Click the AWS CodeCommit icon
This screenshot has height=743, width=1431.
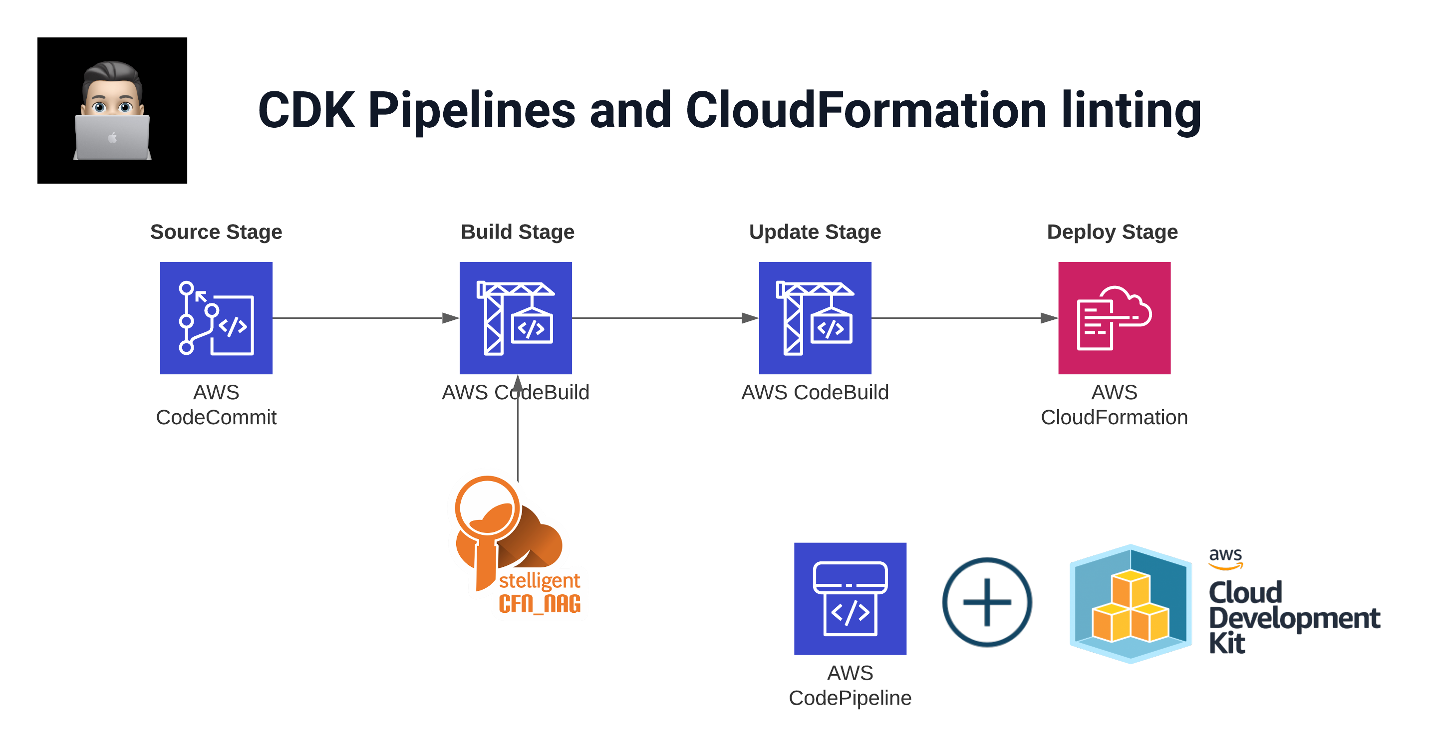(x=216, y=318)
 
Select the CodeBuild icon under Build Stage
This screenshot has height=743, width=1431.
(x=516, y=318)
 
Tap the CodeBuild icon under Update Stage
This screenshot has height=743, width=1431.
(x=815, y=318)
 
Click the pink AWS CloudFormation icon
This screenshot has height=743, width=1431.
(x=1114, y=318)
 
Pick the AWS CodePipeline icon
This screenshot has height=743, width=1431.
(x=850, y=599)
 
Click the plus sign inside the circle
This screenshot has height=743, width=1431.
(x=987, y=602)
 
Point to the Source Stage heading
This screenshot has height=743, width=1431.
(x=216, y=232)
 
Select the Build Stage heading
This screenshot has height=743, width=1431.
(x=517, y=232)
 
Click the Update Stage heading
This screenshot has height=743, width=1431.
(x=815, y=232)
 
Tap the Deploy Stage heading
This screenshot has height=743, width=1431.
(x=1112, y=232)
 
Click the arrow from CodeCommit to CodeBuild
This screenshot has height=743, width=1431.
(x=367, y=318)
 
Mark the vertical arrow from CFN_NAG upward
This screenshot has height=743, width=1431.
(x=518, y=428)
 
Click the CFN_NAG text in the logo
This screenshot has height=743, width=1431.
(x=540, y=604)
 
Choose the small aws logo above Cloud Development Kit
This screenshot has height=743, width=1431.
(x=1225, y=558)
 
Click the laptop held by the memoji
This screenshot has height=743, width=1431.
(x=112, y=137)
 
